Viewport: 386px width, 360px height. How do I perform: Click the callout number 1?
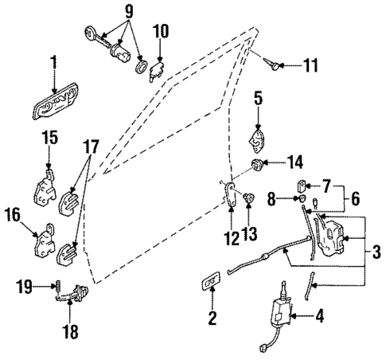55,61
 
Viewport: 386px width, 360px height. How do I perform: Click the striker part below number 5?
258,141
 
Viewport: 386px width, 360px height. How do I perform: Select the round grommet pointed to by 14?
258,165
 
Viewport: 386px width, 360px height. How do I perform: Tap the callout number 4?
320,315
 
